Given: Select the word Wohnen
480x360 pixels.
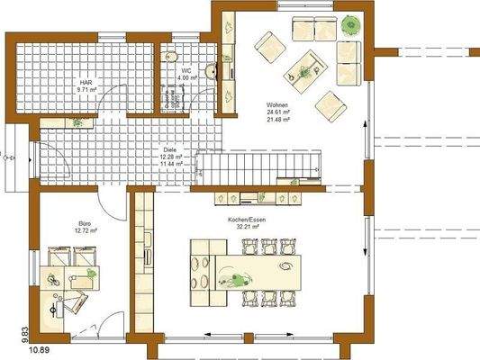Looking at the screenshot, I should [276, 106].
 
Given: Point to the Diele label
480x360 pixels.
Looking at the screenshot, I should [168, 149].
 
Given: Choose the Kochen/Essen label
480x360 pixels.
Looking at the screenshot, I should [244, 219].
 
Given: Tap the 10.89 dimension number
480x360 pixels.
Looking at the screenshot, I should [39, 347].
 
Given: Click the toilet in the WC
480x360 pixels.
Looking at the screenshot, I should [171, 57].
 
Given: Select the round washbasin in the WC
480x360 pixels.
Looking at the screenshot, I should [210, 68].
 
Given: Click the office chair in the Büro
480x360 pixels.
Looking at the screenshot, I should [64, 297].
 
